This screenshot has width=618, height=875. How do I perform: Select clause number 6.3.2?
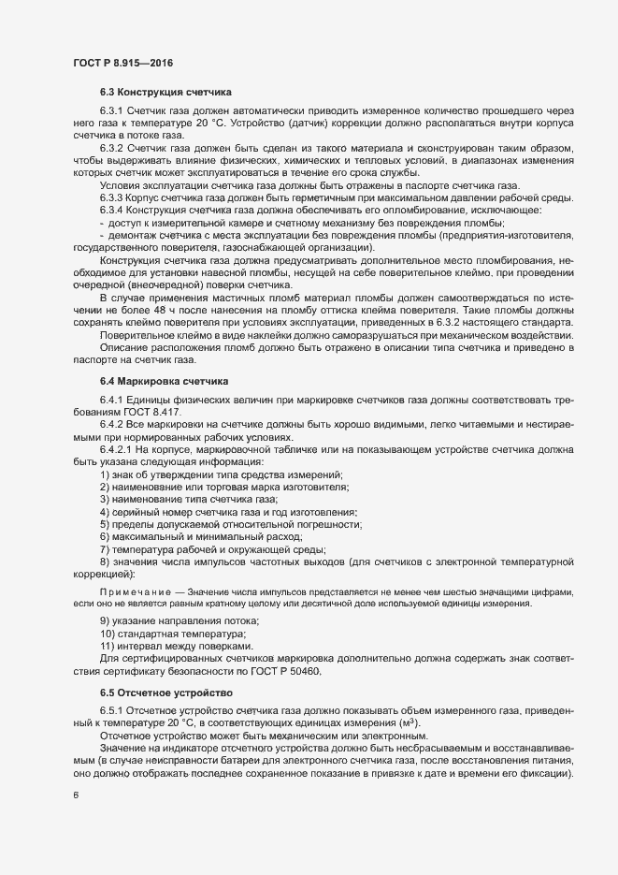point(112,148)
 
